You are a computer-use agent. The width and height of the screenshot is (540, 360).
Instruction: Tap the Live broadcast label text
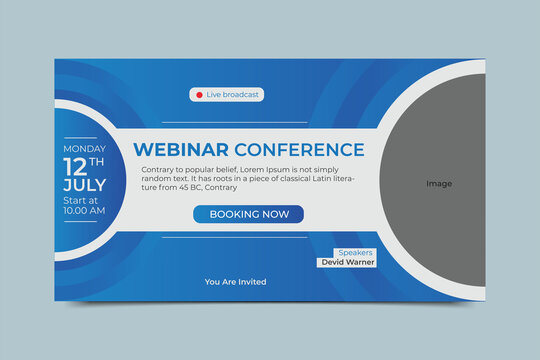pyautogui.click(x=233, y=95)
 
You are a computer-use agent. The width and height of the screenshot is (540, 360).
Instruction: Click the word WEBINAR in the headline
pyautogui.click(x=180, y=150)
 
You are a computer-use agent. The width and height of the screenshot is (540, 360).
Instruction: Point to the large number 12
pyautogui.click(x=76, y=166)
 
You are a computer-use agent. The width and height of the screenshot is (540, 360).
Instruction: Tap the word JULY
pyautogui.click(x=84, y=187)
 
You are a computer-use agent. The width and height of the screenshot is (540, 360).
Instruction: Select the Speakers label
pyautogui.click(x=355, y=252)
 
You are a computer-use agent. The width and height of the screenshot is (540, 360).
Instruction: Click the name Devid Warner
pyautogui.click(x=346, y=262)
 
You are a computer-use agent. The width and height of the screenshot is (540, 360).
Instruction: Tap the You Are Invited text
pyautogui.click(x=235, y=282)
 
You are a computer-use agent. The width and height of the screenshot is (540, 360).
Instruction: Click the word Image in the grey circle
pyautogui.click(x=439, y=183)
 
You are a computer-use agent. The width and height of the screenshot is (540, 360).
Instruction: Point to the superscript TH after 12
pyautogui.click(x=97, y=160)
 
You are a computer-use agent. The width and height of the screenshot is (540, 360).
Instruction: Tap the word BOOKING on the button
pyautogui.click(x=230, y=214)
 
